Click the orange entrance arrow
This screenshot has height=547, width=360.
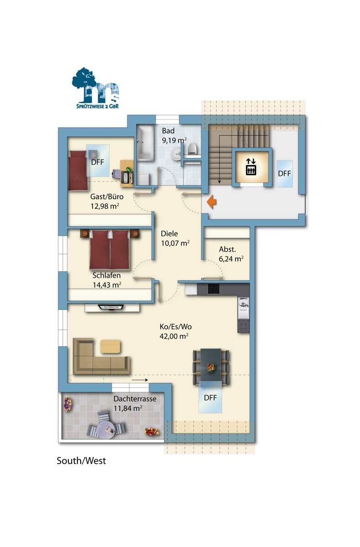(211, 201)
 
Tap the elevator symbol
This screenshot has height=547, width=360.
(251, 167)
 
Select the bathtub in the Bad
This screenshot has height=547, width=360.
(145, 143)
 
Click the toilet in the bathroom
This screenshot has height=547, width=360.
(192, 149)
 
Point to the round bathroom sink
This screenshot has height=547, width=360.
(176, 154)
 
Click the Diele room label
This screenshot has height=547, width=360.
(169, 233)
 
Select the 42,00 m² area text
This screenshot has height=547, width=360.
(174, 336)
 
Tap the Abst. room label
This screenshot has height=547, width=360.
(227, 249)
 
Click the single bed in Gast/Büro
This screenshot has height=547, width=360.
(78, 170)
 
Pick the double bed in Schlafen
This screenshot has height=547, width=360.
(109, 250)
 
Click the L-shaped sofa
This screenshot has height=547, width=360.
(101, 356)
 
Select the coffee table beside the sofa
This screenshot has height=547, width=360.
(110, 346)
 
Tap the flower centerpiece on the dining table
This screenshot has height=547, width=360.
(211, 367)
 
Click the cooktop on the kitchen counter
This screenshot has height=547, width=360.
(213, 289)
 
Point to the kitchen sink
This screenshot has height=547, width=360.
(243, 308)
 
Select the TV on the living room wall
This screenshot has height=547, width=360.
(111, 307)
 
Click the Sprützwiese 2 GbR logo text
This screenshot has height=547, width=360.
(98, 106)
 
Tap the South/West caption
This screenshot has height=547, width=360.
(81, 461)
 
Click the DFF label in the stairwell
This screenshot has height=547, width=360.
(284, 174)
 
